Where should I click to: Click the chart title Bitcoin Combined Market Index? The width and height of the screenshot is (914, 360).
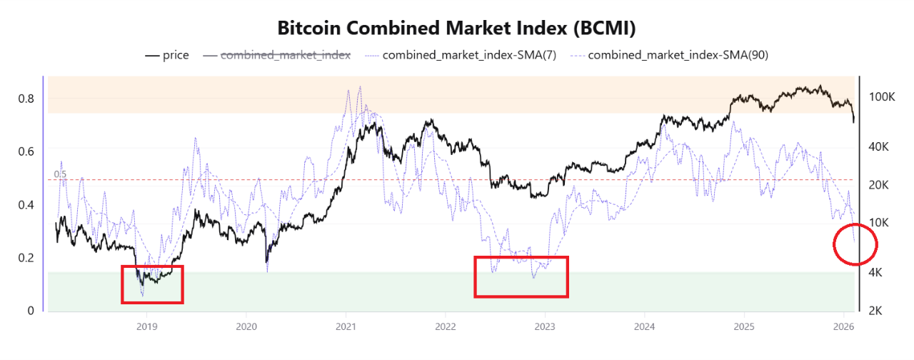[456, 29]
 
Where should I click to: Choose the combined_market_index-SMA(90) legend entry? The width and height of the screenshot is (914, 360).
[678, 55]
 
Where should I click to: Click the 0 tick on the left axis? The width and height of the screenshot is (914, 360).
[31, 311]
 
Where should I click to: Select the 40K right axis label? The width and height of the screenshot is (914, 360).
[878, 146]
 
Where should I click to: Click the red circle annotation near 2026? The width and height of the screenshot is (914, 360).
[855, 245]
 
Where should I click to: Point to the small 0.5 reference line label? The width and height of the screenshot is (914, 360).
[60, 174]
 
